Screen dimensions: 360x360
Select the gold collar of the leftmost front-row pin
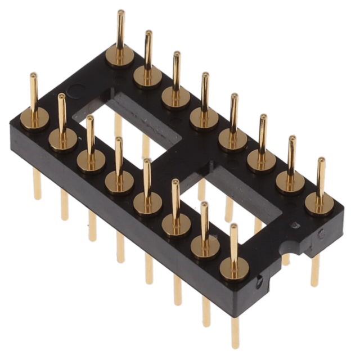pyautogui.click(x=34, y=119)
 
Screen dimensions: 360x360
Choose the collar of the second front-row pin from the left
pyautogui.click(x=62, y=139)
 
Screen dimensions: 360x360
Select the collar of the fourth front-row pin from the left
pyautogui.click(x=119, y=181)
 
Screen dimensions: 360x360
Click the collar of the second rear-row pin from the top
pyautogui.click(x=148, y=75)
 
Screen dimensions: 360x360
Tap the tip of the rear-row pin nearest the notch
pyautogui.click(x=321, y=160)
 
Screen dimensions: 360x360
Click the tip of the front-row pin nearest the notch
pyautogui.click(x=233, y=226)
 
